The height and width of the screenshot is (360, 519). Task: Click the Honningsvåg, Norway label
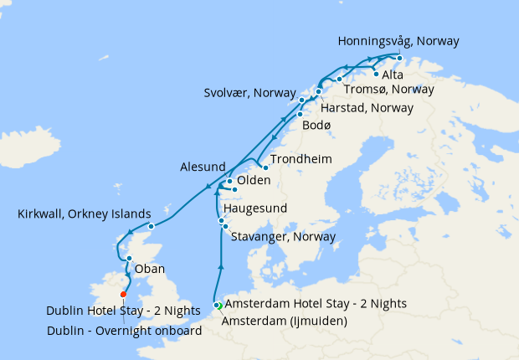398,40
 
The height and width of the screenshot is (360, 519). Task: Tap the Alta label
392,75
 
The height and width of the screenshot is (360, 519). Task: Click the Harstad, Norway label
367,108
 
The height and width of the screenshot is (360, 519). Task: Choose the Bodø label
316,125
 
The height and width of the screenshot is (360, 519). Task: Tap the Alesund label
203,167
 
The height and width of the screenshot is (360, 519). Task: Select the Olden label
253,181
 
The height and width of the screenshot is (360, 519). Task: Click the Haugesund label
256,207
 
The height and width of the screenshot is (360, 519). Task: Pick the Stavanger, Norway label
282,237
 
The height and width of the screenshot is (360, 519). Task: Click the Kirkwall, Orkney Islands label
84,214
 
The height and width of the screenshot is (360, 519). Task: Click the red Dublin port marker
123,294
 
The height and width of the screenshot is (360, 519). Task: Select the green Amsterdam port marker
216,306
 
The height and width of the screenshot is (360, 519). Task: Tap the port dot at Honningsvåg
399,58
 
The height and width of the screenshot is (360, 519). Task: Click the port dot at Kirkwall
151,226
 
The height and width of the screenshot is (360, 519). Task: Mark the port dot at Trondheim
265,167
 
